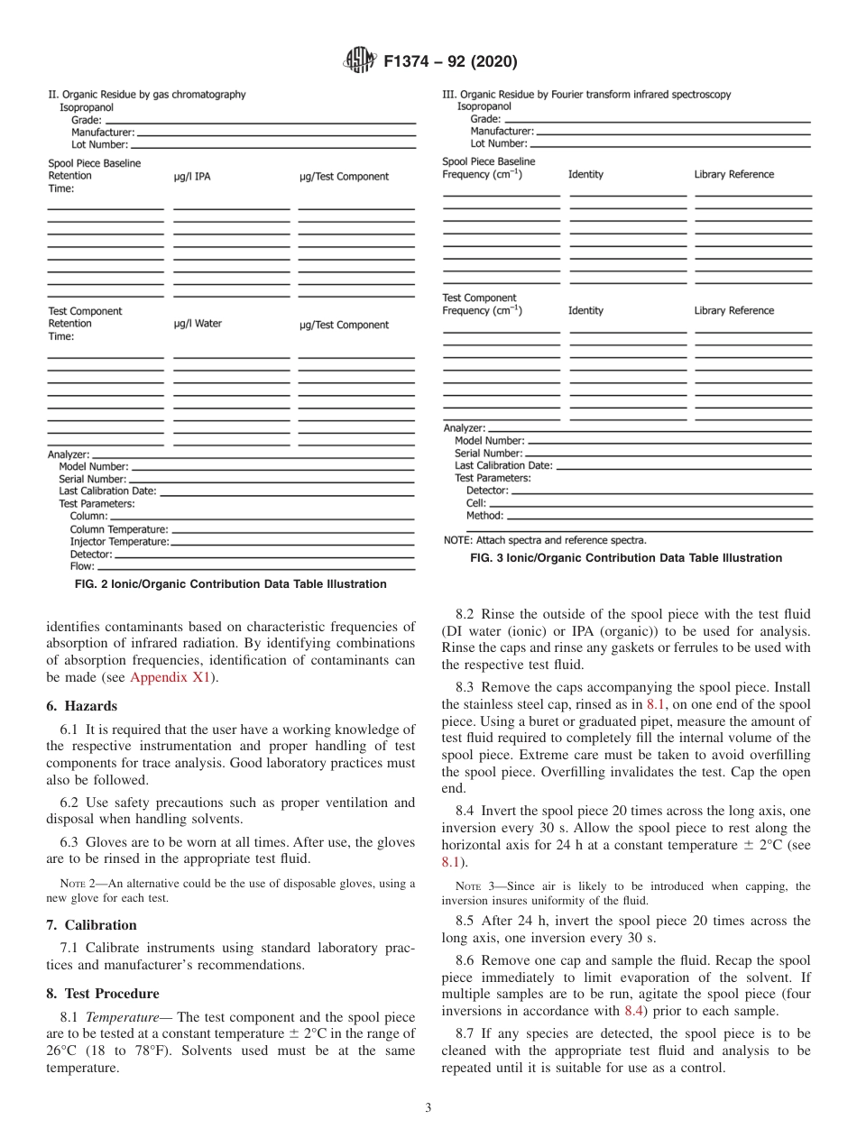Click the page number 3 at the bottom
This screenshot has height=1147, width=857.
click(428, 1108)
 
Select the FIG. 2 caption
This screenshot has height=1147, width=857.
click(230, 584)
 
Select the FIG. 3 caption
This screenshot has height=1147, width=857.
click(626, 558)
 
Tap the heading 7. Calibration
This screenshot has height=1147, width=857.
click(91, 925)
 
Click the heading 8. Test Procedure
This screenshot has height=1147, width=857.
click(102, 994)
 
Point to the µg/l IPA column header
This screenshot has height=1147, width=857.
click(191, 177)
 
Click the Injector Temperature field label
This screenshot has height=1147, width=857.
click(119, 542)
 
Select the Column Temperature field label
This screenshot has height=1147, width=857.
click(119, 529)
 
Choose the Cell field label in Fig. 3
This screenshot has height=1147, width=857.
click(475, 503)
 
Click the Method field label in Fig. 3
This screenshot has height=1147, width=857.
click(484, 516)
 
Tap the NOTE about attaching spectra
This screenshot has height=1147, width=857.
click(544, 540)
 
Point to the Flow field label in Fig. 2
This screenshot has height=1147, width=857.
click(82, 567)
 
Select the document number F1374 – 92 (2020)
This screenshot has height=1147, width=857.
click(449, 62)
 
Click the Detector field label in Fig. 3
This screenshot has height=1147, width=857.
click(487, 491)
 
